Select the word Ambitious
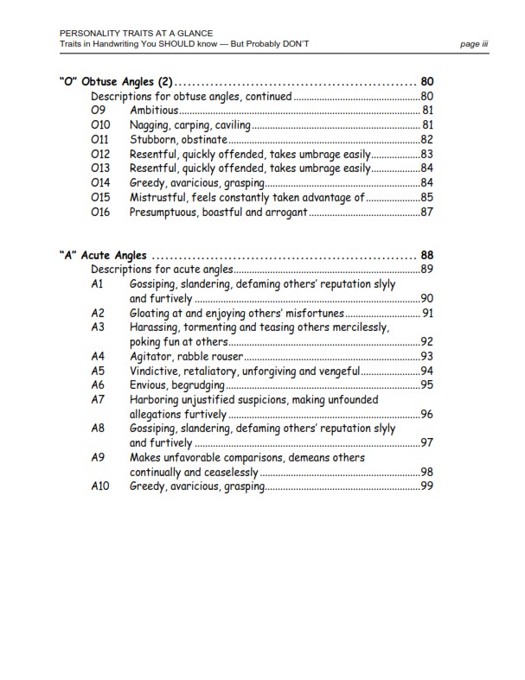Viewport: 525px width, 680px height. (x=154, y=111)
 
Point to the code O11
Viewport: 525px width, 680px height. (x=100, y=139)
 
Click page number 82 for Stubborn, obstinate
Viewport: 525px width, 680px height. (x=426, y=139)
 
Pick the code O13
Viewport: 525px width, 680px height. (x=100, y=168)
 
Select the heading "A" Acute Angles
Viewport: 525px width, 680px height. (x=103, y=255)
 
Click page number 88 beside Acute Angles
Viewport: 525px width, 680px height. (x=426, y=255)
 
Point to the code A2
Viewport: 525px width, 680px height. (x=98, y=313)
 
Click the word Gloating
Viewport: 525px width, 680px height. (x=151, y=313)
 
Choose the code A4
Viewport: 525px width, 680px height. (x=98, y=356)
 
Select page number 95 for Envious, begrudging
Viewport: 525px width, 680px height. (x=426, y=384)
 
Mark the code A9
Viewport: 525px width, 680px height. (x=98, y=457)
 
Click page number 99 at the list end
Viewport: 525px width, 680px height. (x=426, y=486)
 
